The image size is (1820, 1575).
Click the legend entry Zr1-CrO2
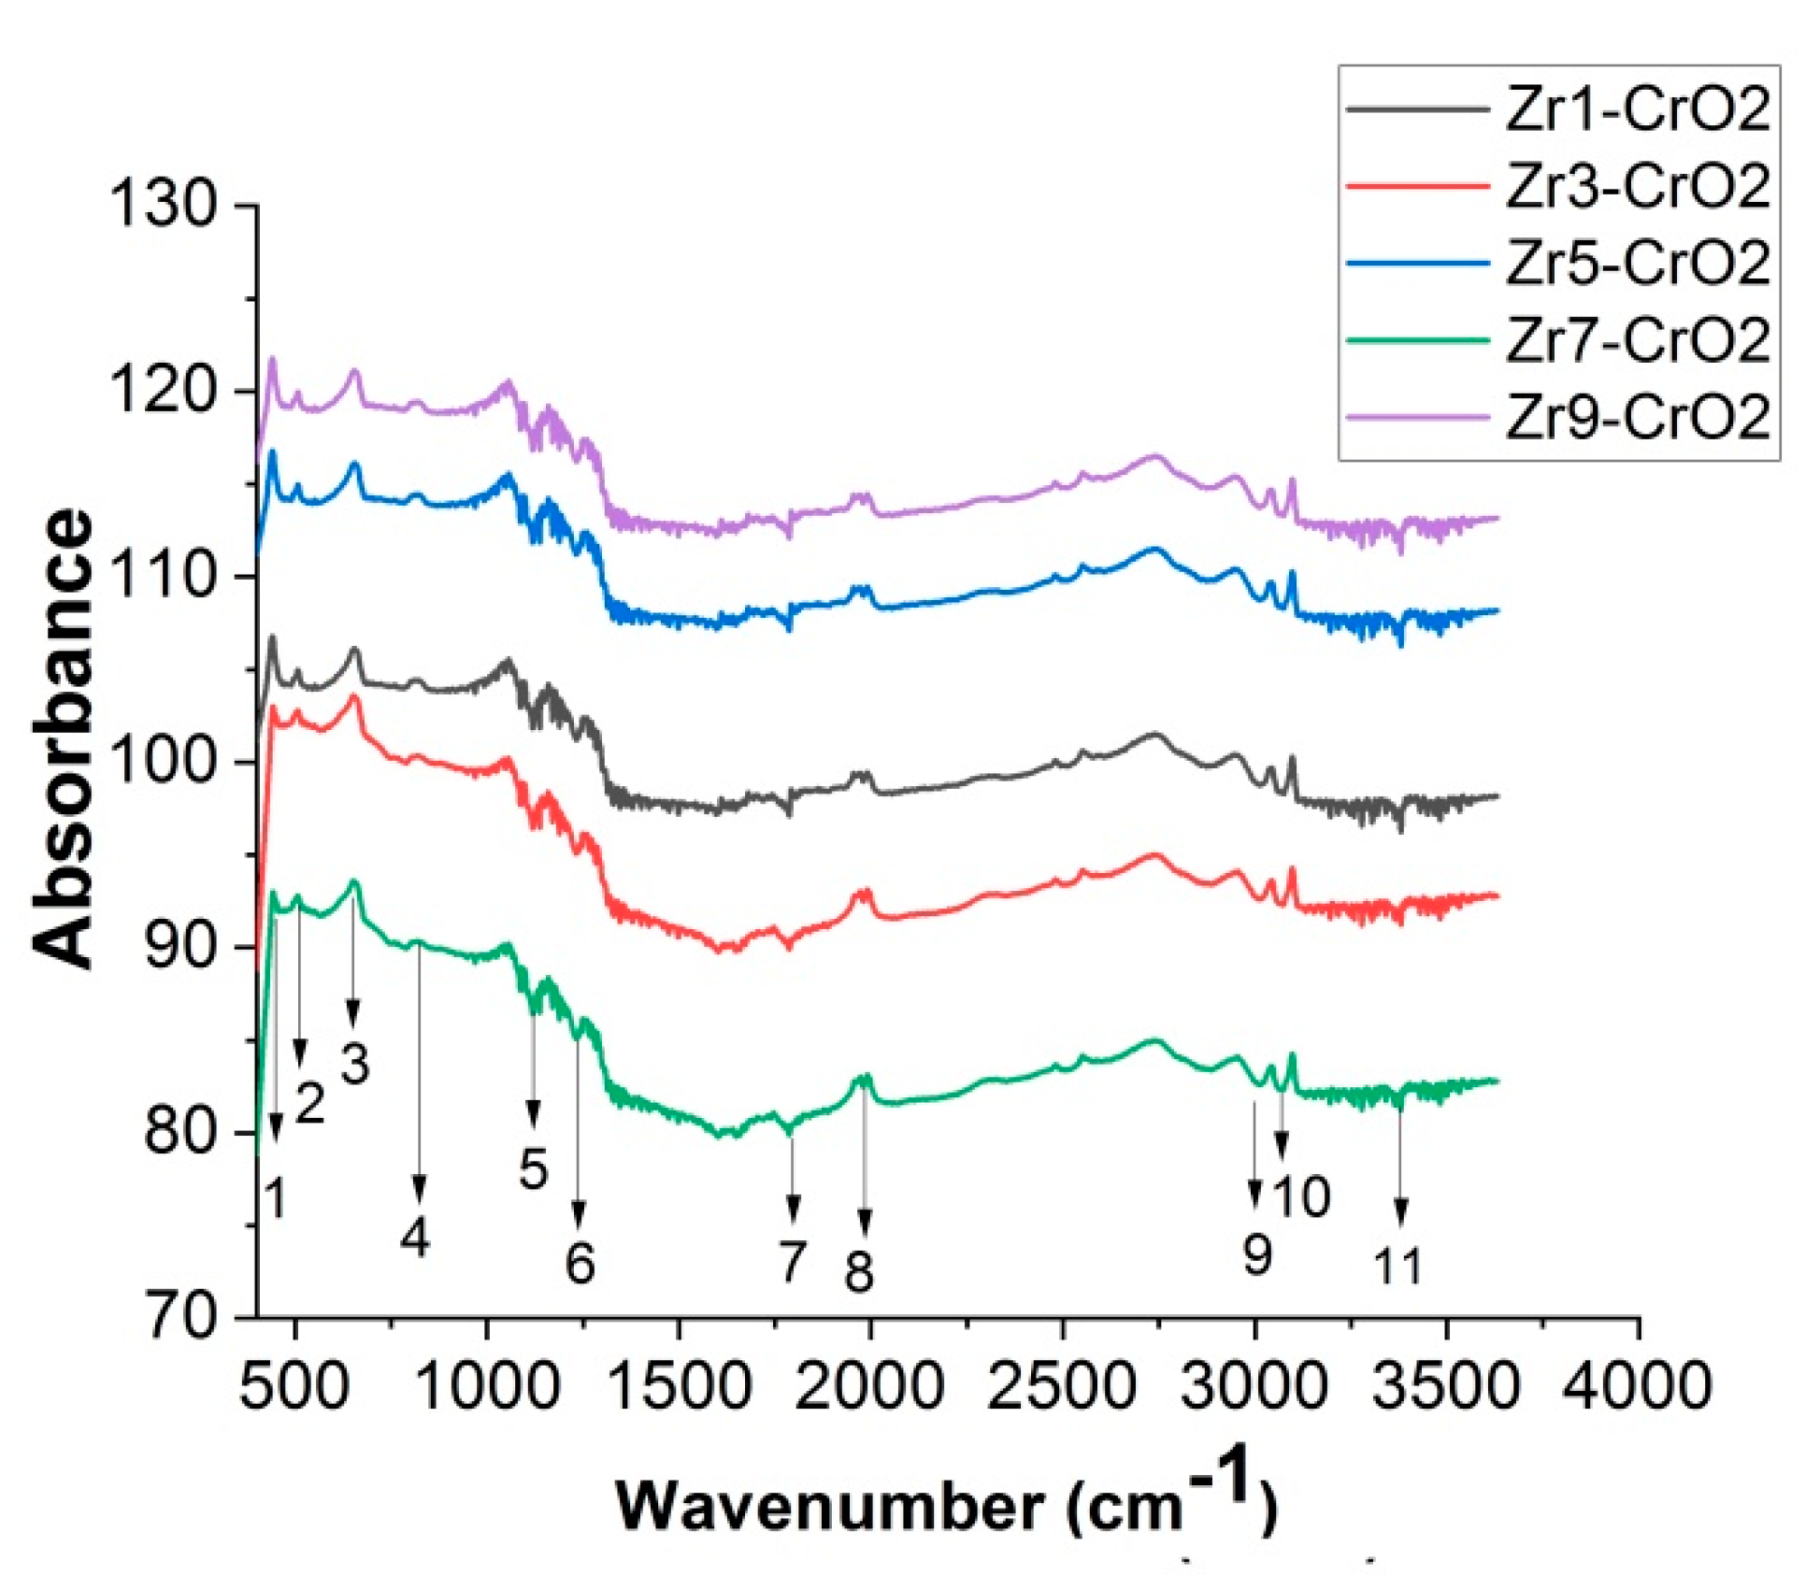coord(1637,110)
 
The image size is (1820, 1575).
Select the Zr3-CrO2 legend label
coord(1637,186)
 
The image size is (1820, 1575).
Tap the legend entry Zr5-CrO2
coord(1637,263)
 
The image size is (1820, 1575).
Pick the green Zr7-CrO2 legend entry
coord(1637,339)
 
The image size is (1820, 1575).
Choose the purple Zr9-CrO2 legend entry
coord(1637,416)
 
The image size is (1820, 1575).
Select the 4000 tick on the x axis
coord(1637,1384)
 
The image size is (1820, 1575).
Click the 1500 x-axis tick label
coord(679,1384)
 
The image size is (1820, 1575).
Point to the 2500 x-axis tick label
coord(1062,1384)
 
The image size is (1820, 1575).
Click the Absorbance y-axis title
coord(64,738)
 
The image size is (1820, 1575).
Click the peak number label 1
coord(275,1197)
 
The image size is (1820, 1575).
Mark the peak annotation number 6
coord(580,1263)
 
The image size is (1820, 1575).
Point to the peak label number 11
coord(1397,1267)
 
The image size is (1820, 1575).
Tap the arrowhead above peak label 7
coord(794,1210)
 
